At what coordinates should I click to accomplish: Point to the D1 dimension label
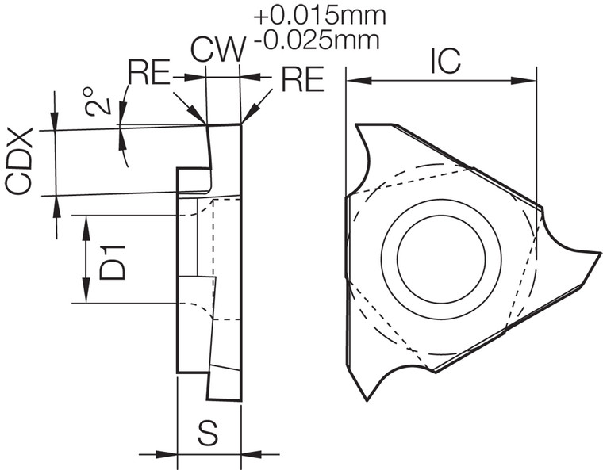(x=113, y=262)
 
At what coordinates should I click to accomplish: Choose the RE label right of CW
(x=303, y=78)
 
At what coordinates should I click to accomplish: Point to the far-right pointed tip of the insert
(x=598, y=254)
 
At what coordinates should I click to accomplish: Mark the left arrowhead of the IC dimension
(x=353, y=79)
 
